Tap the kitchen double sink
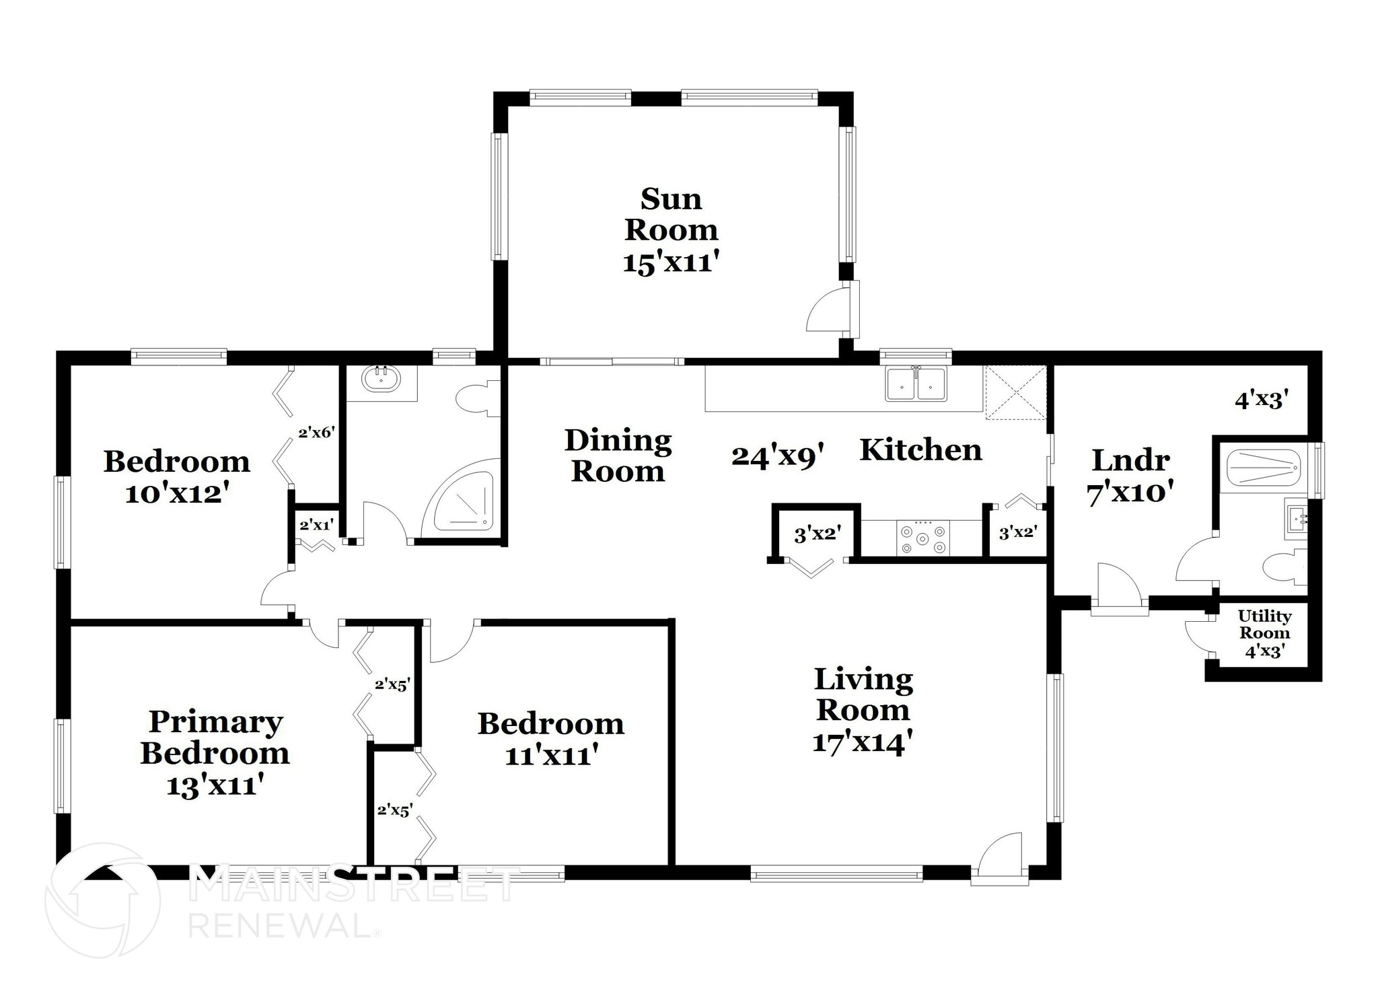(x=916, y=384)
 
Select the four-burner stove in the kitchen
(x=924, y=538)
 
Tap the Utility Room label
(x=1264, y=625)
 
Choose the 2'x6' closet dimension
(x=316, y=433)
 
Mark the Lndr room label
(x=1130, y=461)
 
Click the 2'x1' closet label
(x=316, y=525)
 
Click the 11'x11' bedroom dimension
(x=552, y=756)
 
